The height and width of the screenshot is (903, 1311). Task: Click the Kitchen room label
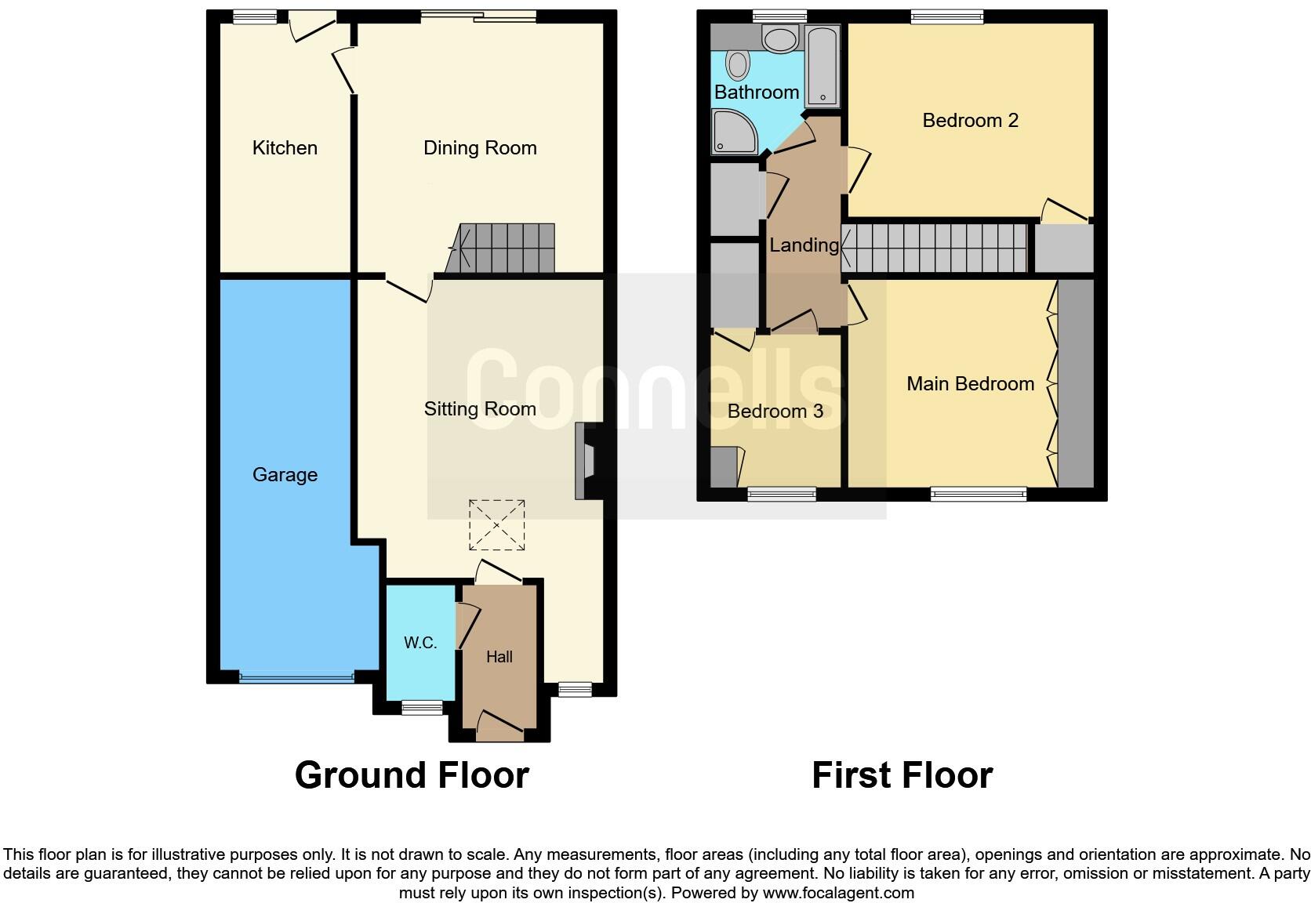click(285, 148)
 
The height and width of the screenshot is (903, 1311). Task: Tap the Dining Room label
click(480, 148)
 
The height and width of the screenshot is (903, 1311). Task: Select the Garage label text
click(285, 475)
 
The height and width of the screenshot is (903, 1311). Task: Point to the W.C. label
click(420, 644)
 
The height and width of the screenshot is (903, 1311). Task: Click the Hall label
click(499, 658)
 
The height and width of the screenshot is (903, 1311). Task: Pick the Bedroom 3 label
click(775, 412)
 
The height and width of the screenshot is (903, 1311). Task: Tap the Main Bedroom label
click(970, 384)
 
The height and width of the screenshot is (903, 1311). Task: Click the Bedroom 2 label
click(970, 121)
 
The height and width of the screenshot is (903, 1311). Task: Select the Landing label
click(804, 245)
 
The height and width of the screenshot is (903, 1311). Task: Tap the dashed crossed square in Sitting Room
click(496, 524)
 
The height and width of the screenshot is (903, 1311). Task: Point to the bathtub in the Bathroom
click(823, 66)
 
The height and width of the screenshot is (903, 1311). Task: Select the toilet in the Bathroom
click(738, 64)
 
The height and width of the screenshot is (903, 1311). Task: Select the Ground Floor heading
click(412, 775)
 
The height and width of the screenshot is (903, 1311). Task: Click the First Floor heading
click(902, 775)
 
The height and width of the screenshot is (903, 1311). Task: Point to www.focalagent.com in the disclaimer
click(838, 893)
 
